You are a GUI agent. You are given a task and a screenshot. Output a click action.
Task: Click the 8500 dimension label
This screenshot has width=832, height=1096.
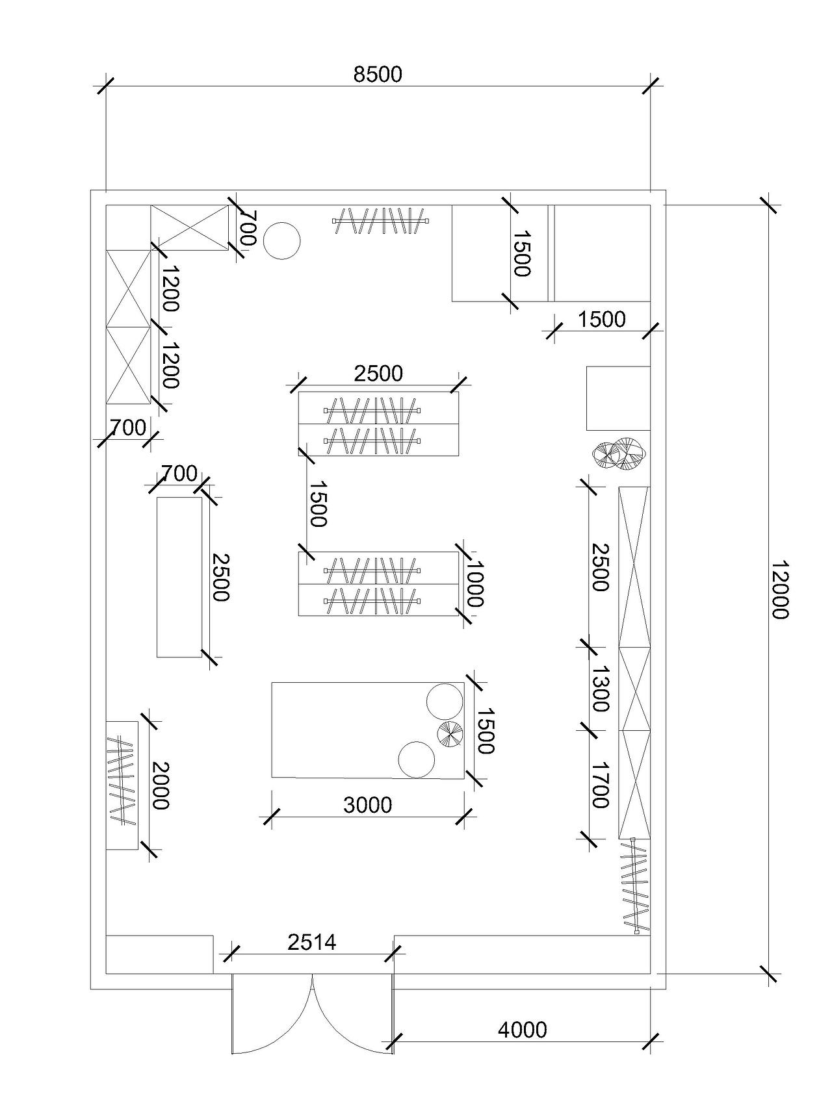(x=378, y=75)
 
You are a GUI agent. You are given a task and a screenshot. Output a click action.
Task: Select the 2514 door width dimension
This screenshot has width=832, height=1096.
(x=312, y=941)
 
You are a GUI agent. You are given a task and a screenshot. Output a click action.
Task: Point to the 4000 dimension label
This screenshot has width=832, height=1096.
(x=523, y=1029)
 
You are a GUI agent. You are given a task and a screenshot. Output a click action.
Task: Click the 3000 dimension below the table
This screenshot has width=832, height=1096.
(x=368, y=805)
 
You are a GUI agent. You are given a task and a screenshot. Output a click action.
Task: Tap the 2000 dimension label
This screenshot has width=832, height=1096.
(x=160, y=785)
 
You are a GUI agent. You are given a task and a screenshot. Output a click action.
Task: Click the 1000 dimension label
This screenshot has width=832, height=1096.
(x=474, y=584)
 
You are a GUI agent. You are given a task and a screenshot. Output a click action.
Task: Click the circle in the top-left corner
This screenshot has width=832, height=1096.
(x=281, y=241)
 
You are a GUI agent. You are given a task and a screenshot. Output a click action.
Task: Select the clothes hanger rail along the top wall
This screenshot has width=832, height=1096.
(x=382, y=221)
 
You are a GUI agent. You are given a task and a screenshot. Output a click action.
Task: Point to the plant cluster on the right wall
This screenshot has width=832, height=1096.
(x=618, y=453)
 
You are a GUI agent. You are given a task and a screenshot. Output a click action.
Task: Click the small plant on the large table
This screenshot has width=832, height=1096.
(x=449, y=734)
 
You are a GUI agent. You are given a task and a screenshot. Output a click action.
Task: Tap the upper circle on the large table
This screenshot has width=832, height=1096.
(x=445, y=702)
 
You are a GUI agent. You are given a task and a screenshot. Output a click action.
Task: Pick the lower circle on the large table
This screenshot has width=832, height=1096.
(x=417, y=759)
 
